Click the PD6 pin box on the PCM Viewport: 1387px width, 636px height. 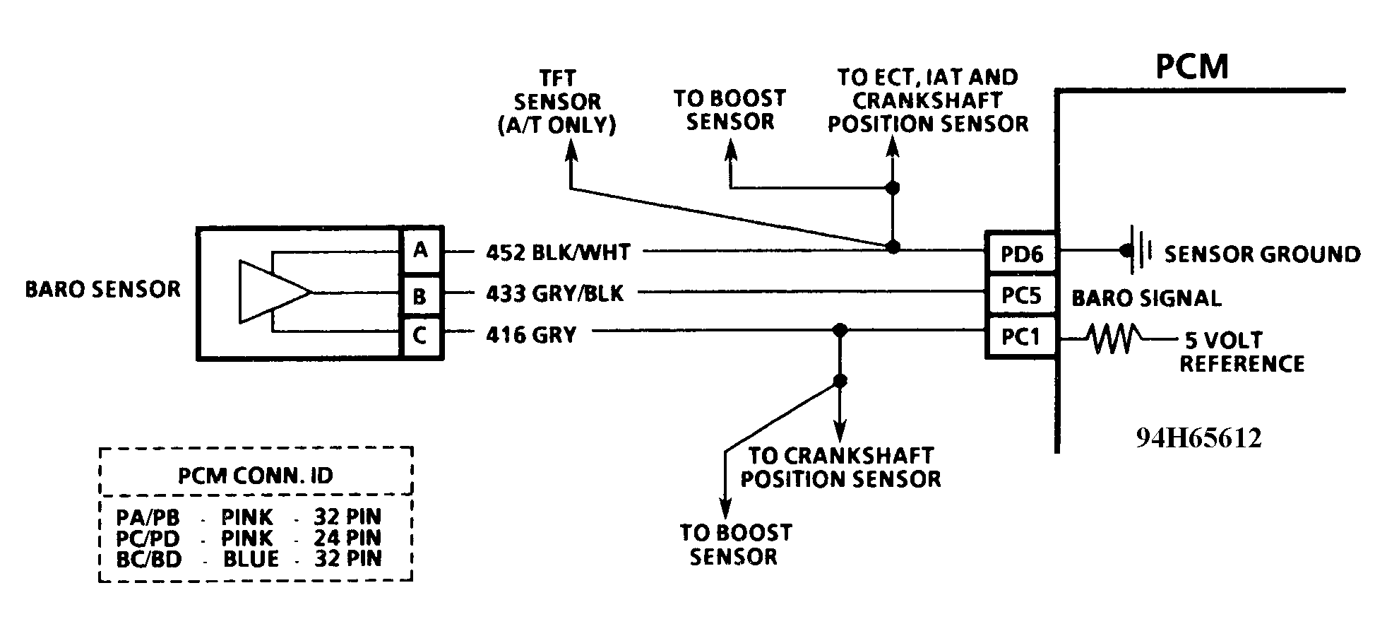[x=1021, y=254]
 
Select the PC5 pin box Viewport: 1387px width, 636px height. [x=1021, y=295]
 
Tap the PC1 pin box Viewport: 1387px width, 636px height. [x=1021, y=337]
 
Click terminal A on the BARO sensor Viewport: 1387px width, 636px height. [x=421, y=250]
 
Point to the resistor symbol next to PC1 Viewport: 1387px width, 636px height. [x=1114, y=338]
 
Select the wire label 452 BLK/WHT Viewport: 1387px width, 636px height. [x=558, y=252]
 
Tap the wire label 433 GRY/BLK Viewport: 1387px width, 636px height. [x=554, y=293]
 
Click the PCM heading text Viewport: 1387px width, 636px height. [x=1191, y=66]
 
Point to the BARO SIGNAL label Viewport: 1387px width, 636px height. [x=1146, y=298]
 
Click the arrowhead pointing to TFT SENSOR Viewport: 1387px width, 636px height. [x=571, y=148]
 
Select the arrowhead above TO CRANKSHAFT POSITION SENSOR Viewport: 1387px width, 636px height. [x=840, y=431]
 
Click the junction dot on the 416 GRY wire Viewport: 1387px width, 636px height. [x=840, y=330]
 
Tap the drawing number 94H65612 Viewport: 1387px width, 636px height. [x=1198, y=438]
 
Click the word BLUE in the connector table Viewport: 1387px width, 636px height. [x=251, y=558]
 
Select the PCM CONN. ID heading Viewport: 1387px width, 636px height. [x=255, y=475]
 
